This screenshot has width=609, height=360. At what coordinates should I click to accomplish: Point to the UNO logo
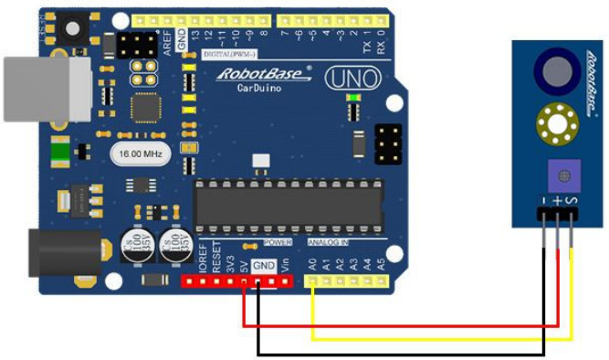[350, 78]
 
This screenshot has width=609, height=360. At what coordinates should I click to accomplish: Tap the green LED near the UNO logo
[349, 98]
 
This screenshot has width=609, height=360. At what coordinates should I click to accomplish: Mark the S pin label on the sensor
[572, 198]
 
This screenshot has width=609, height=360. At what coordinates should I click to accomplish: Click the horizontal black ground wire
[402, 353]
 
